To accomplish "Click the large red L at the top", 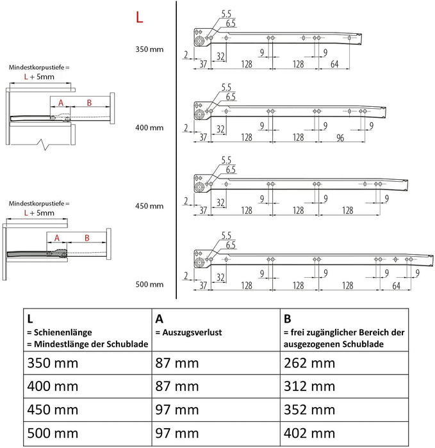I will click(x=139, y=17).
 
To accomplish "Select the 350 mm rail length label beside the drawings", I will click(x=149, y=49).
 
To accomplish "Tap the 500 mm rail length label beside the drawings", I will click(x=149, y=284).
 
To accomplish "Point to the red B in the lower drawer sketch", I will click(x=88, y=238).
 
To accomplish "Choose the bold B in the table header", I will click(x=288, y=318).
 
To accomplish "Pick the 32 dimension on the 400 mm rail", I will click(x=220, y=129).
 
